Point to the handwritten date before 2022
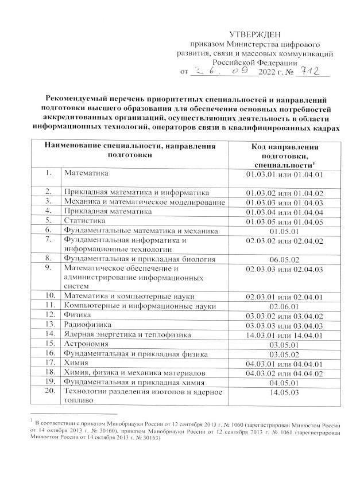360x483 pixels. (221, 72)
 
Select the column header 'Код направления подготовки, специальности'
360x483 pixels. (285, 155)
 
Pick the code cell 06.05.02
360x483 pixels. (285, 259)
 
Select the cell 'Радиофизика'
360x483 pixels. (88, 325)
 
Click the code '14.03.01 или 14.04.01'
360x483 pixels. (285, 334)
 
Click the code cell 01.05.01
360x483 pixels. (285, 230)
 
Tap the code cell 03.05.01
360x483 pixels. (285, 344)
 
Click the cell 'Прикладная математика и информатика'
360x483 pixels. (137, 192)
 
